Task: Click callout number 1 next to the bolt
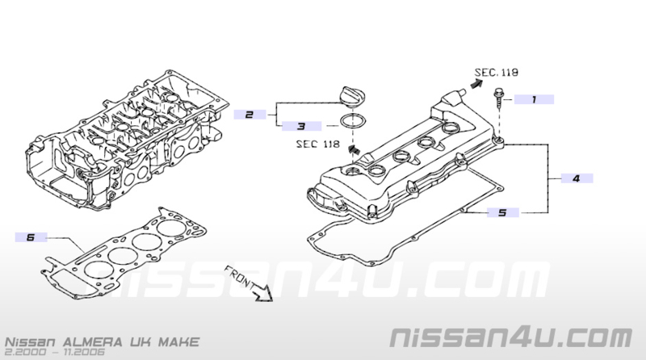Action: tap(534, 99)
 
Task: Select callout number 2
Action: tap(250, 115)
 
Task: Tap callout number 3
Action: tap(301, 126)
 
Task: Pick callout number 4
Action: tap(577, 178)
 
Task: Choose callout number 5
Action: tap(502, 212)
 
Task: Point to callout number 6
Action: tap(31, 237)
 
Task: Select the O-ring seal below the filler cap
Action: tap(350, 122)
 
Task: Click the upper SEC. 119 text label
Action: tap(497, 73)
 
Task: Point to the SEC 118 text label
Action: tap(318, 144)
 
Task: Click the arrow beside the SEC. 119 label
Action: tap(476, 84)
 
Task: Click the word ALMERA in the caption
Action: tap(93, 342)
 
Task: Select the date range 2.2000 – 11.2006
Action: tap(55, 352)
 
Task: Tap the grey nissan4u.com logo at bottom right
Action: tap(511, 337)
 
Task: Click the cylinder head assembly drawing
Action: tap(128, 140)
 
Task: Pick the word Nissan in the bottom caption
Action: tap(30, 342)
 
